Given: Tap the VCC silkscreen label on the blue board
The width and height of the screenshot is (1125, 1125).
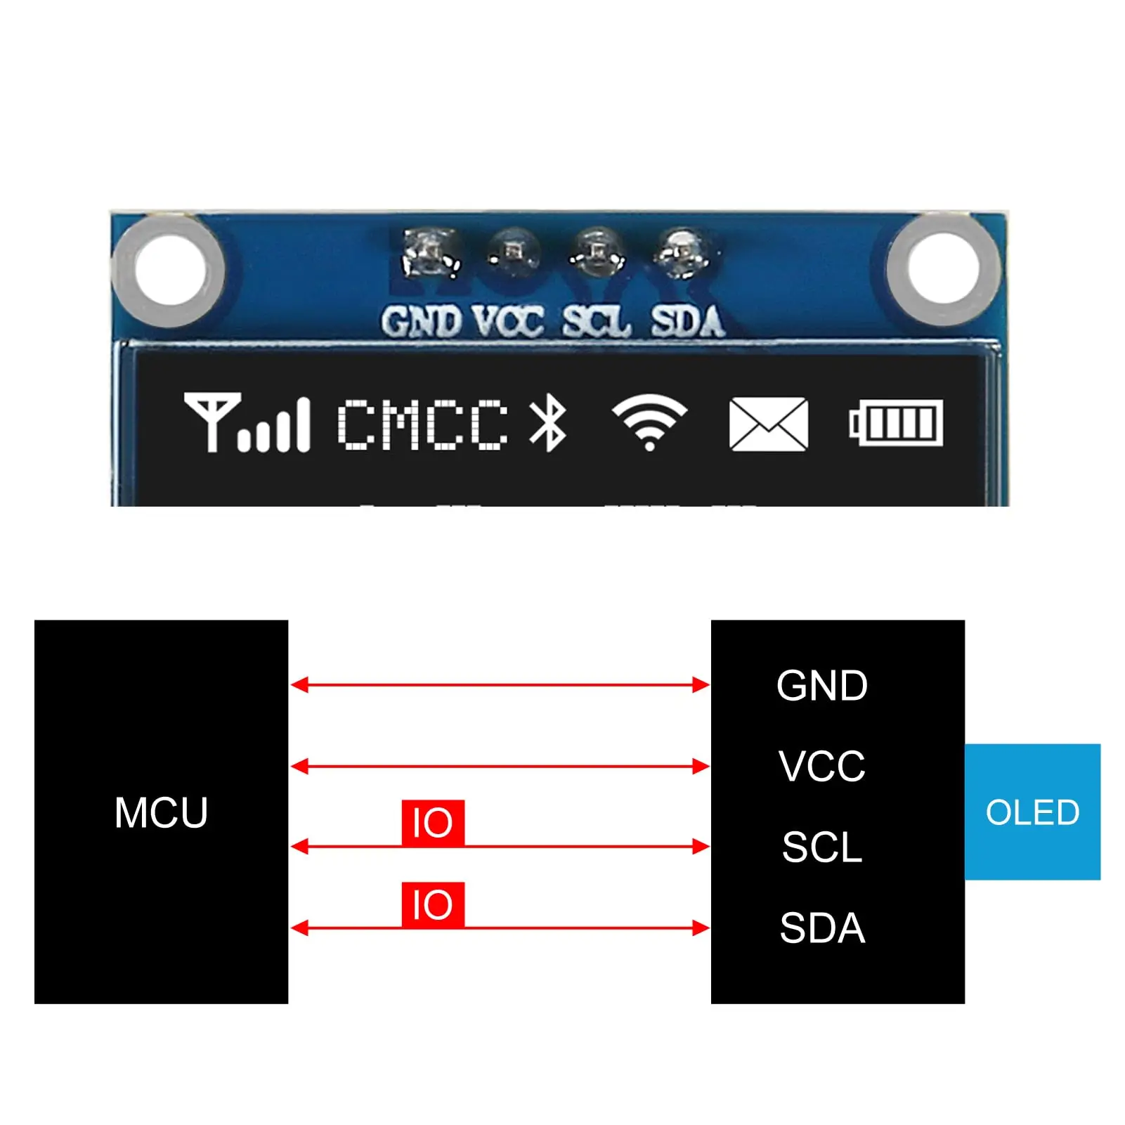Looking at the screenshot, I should point(507,322).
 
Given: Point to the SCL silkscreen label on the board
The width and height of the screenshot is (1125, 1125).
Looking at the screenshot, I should point(596,322).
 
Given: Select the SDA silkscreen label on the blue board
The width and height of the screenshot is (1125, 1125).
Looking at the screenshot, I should point(687,322).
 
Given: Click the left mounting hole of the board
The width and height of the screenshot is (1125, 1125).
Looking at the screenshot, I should point(169,271).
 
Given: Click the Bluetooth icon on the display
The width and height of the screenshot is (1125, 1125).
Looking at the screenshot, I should point(548,422).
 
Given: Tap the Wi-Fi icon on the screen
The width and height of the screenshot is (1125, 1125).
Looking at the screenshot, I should point(649,422).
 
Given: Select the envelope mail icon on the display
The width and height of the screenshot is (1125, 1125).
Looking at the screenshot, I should point(769,424).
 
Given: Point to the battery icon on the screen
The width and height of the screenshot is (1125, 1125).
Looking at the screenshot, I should point(896,423).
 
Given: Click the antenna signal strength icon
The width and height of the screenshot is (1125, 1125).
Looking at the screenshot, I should point(247,422).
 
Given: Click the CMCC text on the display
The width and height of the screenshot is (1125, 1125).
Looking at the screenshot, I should point(423,424).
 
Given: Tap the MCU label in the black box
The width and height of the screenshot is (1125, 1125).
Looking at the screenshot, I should point(161,813).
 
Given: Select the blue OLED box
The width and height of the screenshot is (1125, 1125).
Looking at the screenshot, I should point(1032,812).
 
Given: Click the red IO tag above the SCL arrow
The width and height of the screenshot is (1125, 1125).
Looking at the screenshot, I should point(433,822).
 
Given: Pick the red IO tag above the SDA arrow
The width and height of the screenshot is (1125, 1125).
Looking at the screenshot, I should point(433,904).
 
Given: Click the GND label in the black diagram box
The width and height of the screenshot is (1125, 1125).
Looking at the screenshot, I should point(822,686).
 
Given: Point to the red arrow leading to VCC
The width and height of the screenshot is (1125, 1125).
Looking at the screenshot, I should point(500,766).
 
